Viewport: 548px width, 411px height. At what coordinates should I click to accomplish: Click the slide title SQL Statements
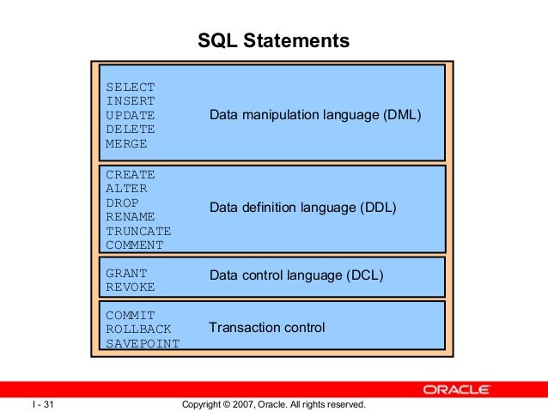273,40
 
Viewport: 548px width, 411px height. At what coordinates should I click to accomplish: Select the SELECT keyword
130,87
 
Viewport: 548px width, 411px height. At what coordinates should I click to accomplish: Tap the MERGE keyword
126,143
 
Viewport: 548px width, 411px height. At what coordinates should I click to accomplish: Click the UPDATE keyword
130,115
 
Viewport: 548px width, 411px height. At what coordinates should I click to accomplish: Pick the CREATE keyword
130,174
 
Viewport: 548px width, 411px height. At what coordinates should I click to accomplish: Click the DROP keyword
122,202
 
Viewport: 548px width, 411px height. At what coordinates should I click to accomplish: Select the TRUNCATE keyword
138,231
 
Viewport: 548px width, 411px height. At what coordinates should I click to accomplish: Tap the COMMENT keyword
134,245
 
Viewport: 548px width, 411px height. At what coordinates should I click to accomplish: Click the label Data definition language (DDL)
303,208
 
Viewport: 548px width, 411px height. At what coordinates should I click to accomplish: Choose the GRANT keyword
126,273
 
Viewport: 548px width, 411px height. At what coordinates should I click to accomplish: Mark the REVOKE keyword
130,287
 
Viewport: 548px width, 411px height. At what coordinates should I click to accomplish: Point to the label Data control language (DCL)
296,275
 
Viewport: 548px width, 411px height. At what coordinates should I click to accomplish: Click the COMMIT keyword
130,315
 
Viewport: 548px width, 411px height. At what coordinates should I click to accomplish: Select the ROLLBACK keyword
138,329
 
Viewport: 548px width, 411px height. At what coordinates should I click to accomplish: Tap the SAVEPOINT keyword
143,343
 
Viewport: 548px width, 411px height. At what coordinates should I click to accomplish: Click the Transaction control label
267,328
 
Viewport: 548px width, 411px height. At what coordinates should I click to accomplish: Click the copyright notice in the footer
274,404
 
